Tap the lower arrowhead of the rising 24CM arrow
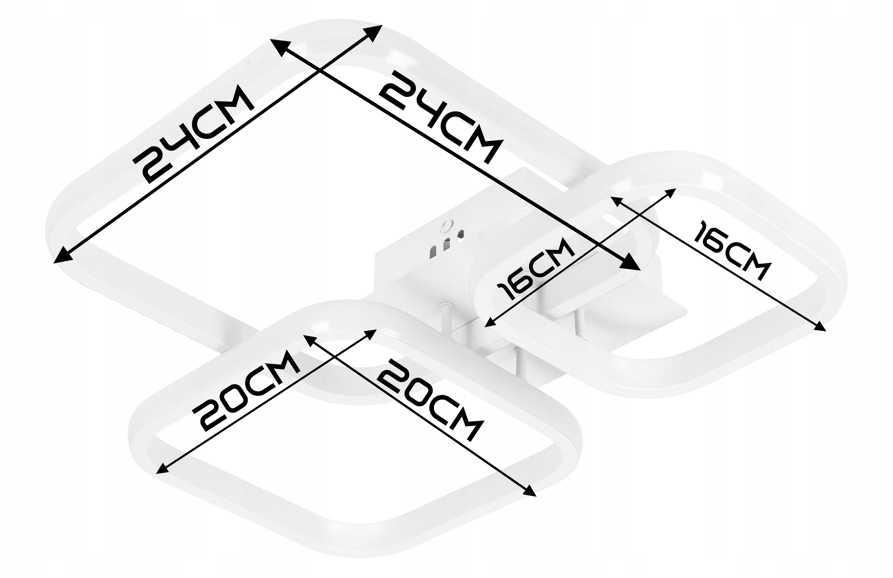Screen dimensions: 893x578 [63, 256]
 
